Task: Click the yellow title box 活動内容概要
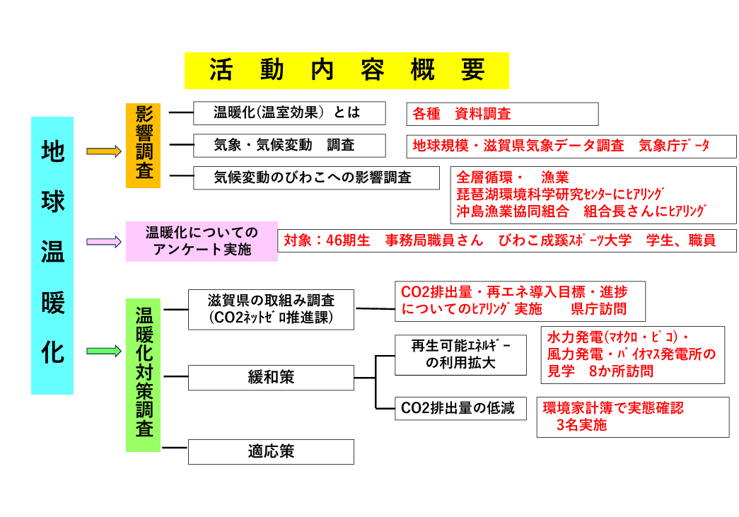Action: (347, 70)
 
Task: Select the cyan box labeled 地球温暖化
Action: (52, 255)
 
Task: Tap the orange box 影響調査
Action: (144, 146)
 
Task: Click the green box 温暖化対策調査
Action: (144, 375)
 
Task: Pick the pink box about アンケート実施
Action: (202, 241)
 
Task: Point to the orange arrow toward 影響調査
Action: (104, 151)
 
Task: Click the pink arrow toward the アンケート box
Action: (104, 241)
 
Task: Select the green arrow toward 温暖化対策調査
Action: (104, 351)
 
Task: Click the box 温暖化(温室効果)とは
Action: (289, 113)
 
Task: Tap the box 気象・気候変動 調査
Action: (289, 146)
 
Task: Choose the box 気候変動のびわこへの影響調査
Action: (317, 178)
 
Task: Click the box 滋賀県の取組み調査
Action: (271, 309)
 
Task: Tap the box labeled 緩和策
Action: (271, 378)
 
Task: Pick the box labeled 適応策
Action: (271, 452)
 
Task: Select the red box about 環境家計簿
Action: (632, 417)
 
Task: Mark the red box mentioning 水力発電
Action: (632, 354)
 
